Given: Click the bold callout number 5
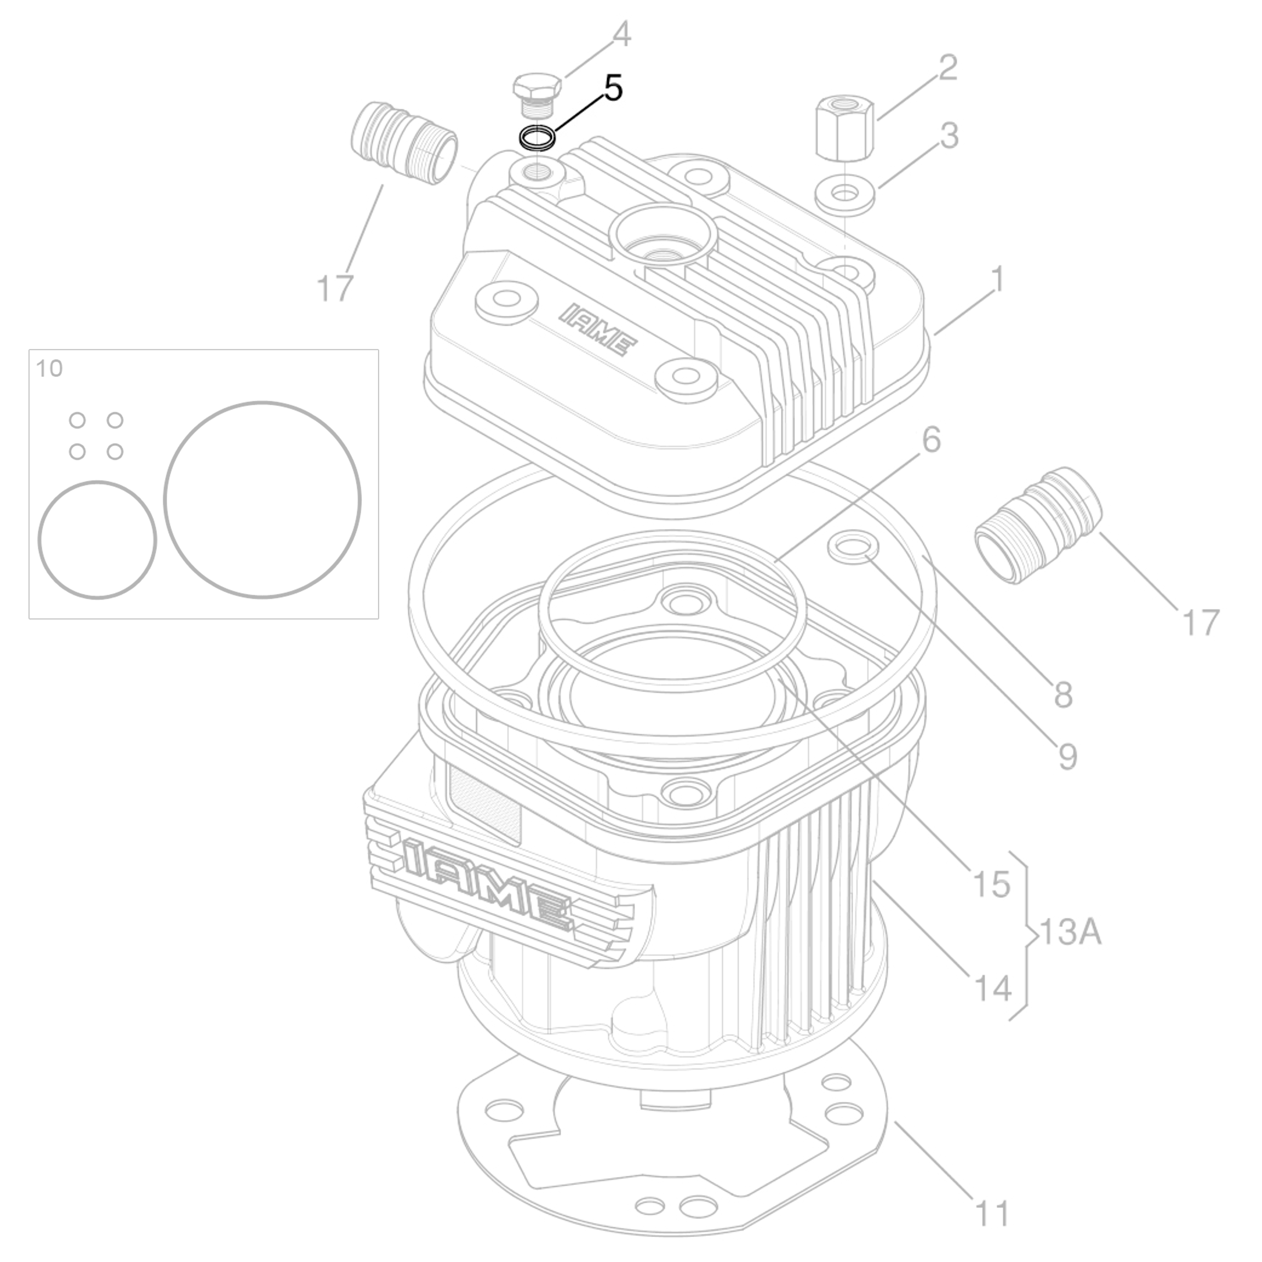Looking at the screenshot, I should pyautogui.click(x=613, y=88).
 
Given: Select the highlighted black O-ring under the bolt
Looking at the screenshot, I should pyautogui.click(x=537, y=138).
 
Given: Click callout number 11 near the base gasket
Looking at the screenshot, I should pyautogui.click(x=992, y=1214).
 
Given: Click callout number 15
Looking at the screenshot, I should pyautogui.click(x=992, y=884).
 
